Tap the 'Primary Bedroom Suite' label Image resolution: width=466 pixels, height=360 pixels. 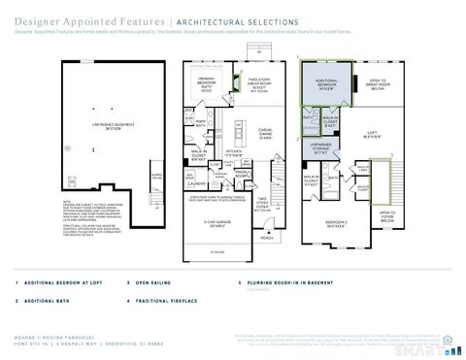[206, 84]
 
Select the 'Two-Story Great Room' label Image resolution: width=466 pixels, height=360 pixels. [258, 84]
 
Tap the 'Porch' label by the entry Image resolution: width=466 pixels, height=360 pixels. [267, 236]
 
